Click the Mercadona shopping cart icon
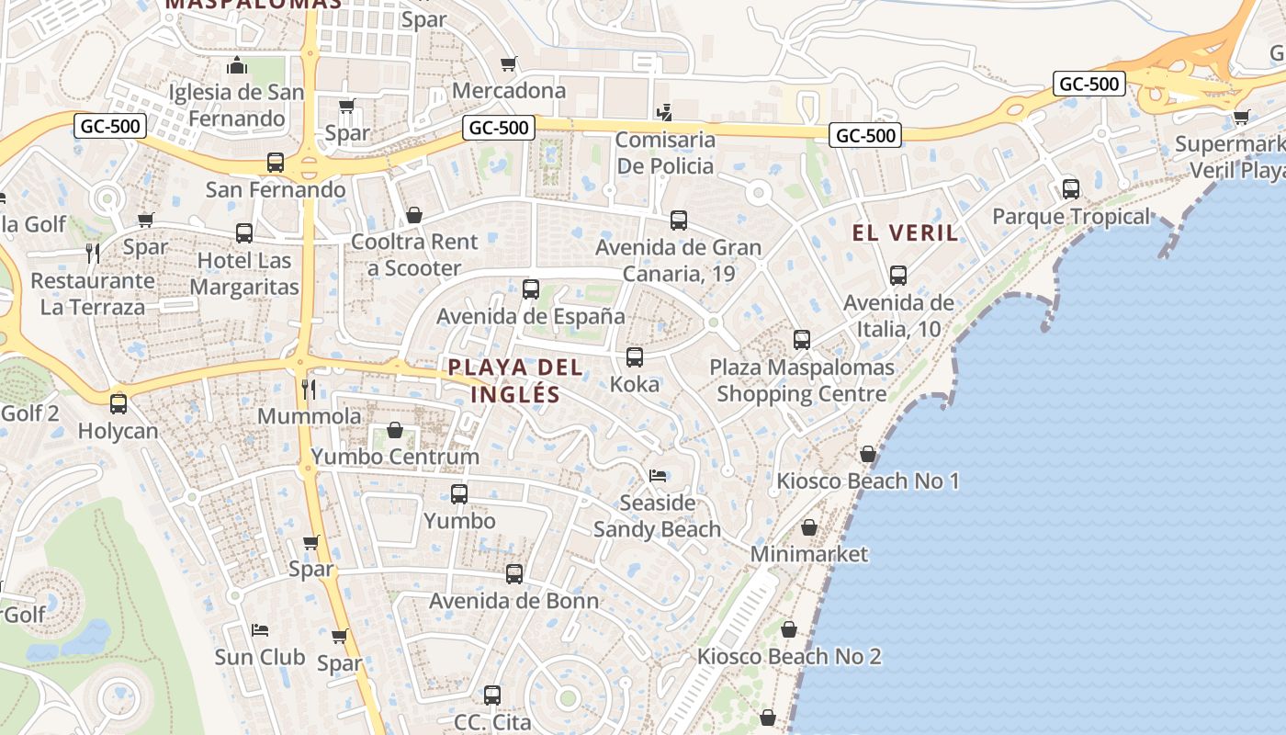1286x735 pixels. pyautogui.click(x=508, y=64)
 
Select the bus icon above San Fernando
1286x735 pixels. pyautogui.click(x=275, y=164)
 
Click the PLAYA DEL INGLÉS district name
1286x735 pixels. pyautogui.click(x=515, y=380)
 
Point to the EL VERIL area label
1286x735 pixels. pyautogui.click(x=906, y=232)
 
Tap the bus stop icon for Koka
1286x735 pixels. pyautogui.click(x=634, y=357)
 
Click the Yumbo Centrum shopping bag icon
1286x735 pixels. pyautogui.click(x=395, y=430)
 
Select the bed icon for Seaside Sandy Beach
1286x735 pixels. pyautogui.click(x=658, y=476)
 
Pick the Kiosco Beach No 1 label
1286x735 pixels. pyautogui.click(x=868, y=481)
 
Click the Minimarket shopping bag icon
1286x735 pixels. pyautogui.click(x=809, y=527)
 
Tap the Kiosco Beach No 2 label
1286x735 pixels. pyautogui.click(x=789, y=656)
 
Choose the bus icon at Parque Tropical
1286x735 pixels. pyautogui.click(x=1070, y=189)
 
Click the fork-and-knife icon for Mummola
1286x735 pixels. pyautogui.click(x=310, y=390)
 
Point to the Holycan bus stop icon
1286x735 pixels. pyautogui.click(x=118, y=403)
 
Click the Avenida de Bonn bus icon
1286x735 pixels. pyautogui.click(x=514, y=574)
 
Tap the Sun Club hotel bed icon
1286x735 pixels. pyautogui.click(x=260, y=629)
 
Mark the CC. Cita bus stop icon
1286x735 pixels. pyautogui.click(x=492, y=695)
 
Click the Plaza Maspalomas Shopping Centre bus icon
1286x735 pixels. pyautogui.click(x=801, y=340)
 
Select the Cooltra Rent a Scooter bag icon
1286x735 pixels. pyautogui.click(x=414, y=215)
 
